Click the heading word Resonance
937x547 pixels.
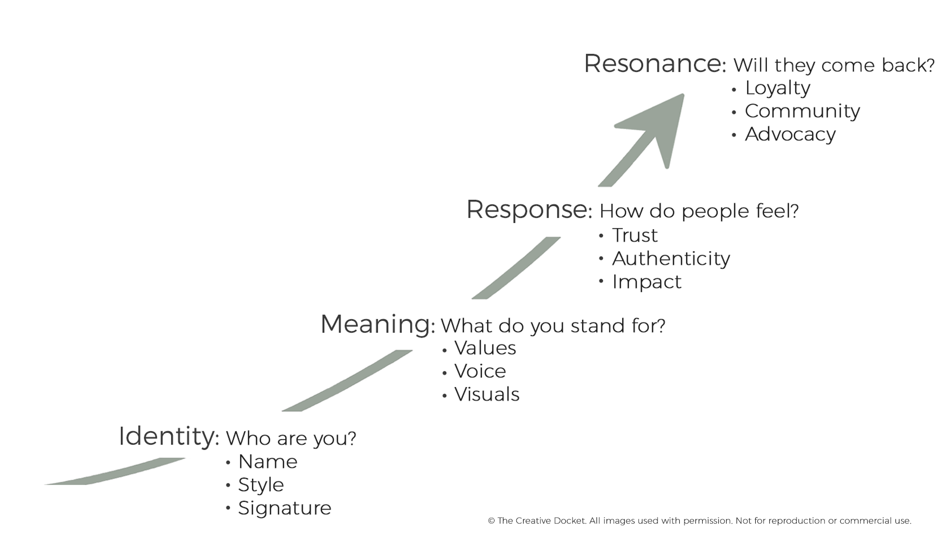point(653,64)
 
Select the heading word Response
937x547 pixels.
point(527,209)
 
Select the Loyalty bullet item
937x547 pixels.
point(777,89)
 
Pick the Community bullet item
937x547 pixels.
point(802,111)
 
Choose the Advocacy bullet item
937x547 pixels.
point(790,134)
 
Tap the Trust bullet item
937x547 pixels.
point(635,235)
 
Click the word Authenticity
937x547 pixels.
point(671,259)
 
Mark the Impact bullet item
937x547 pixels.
point(647,282)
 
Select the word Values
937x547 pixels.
point(485,348)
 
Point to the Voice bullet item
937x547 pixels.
point(480,371)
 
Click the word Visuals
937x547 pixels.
point(487,394)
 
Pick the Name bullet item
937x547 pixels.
point(268,462)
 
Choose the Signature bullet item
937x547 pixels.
point(284,508)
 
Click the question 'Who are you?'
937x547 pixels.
point(291,439)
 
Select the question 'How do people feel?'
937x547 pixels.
point(699,212)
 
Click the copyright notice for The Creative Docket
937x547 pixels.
point(700,521)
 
